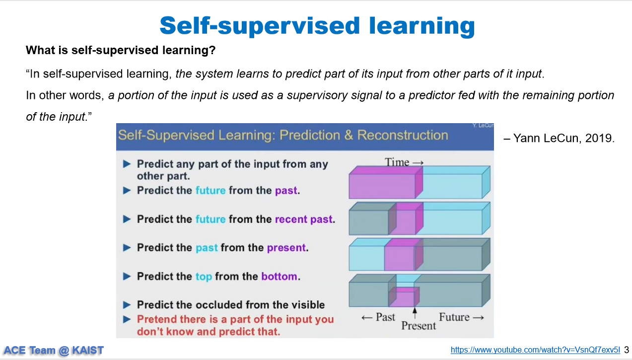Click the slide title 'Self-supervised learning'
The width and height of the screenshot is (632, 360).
317,26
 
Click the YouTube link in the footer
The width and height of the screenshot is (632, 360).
535,350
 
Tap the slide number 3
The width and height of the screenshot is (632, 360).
627,350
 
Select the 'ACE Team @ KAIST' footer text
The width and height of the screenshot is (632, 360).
54,350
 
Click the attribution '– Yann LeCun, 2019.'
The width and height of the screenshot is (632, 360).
559,138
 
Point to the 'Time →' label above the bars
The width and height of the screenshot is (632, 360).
404,162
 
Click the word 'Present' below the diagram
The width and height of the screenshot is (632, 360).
419,326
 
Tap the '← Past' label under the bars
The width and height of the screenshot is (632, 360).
378,317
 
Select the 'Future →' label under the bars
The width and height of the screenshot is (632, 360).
461,317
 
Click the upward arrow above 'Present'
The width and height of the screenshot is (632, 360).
415,313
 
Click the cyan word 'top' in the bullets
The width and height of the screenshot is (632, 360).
204,277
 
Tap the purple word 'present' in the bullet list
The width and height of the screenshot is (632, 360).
286,248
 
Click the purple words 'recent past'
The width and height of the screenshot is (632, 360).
303,219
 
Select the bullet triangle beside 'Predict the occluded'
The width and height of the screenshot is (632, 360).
127,305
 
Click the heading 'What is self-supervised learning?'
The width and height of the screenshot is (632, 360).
121,50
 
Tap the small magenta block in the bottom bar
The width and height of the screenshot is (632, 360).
404,297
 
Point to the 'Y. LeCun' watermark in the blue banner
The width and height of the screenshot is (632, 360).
483,126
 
